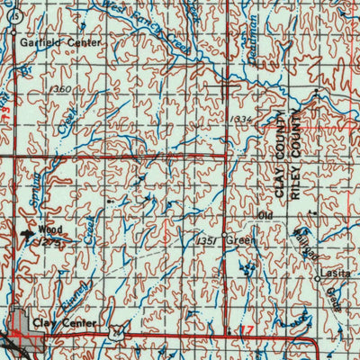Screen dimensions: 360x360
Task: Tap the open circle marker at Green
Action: coord(224,240)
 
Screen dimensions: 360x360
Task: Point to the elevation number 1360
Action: coord(61,90)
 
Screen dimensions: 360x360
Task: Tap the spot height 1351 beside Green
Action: coord(204,241)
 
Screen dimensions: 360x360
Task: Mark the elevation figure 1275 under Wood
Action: coord(47,241)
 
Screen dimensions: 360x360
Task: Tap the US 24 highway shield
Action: coord(114,333)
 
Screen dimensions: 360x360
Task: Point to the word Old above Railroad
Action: coord(264,216)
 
